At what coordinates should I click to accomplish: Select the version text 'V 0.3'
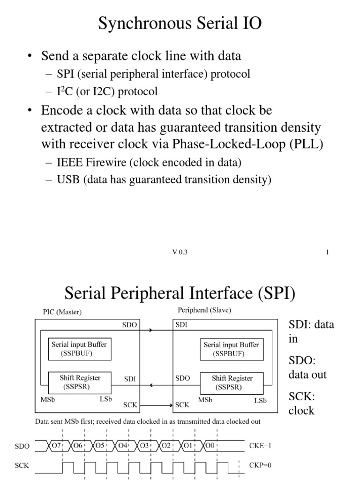[180, 252]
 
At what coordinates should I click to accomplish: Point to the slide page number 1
[327, 252]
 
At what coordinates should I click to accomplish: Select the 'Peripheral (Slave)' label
[204, 310]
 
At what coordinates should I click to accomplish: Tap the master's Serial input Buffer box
[79, 349]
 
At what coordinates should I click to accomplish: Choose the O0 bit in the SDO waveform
[210, 446]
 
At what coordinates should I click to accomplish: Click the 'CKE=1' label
[260, 446]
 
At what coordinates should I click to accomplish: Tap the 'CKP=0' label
[260, 465]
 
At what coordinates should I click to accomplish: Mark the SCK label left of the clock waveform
[22, 466]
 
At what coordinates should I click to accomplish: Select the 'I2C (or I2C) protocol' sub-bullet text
[107, 91]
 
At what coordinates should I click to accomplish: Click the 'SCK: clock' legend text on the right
[301, 404]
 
